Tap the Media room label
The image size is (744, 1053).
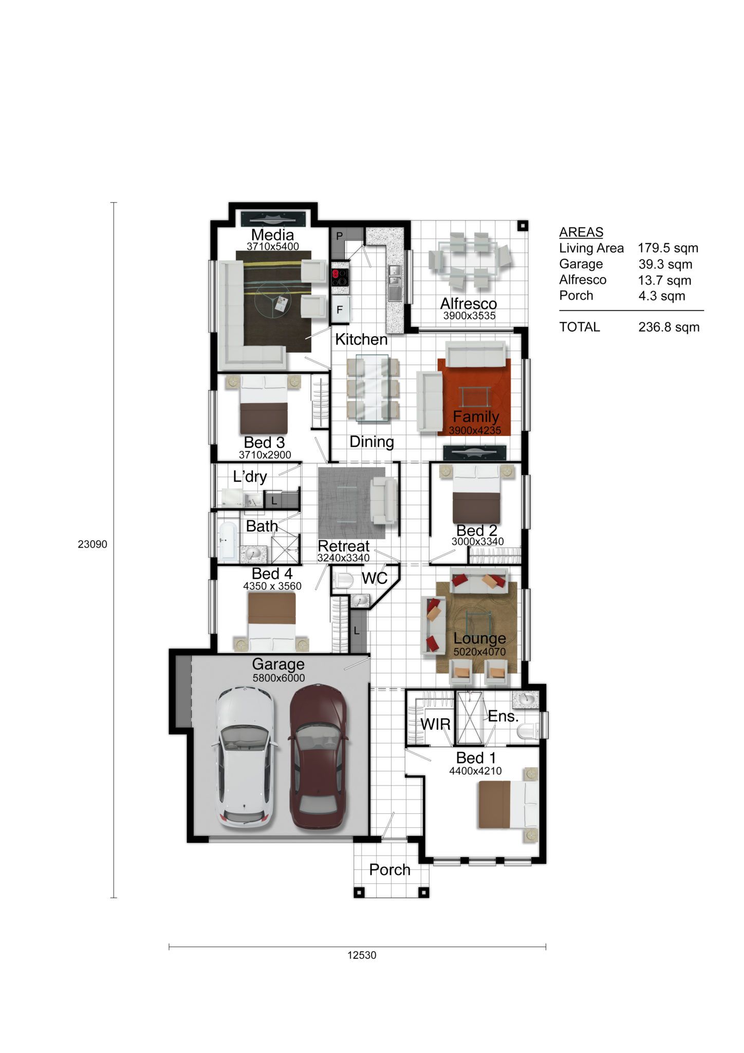[x=272, y=234]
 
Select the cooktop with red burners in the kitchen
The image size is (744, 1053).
[x=339, y=278]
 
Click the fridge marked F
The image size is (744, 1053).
[x=340, y=310]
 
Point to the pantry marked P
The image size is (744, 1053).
[x=339, y=237]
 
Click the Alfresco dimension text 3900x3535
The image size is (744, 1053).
[x=469, y=316]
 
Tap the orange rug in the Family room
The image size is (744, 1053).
[x=474, y=397]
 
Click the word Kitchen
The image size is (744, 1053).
[x=361, y=339]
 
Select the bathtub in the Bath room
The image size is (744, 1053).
[x=228, y=541]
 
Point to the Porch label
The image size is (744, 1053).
[x=389, y=869]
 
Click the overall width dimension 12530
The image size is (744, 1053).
[x=362, y=955]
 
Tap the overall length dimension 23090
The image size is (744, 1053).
[x=92, y=544]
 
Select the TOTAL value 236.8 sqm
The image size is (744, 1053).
[x=669, y=327]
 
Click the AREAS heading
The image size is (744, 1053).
[x=581, y=232]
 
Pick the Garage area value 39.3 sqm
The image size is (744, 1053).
[x=665, y=264]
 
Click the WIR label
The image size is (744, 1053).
[x=436, y=724]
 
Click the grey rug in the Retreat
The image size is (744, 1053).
[x=351, y=502]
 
